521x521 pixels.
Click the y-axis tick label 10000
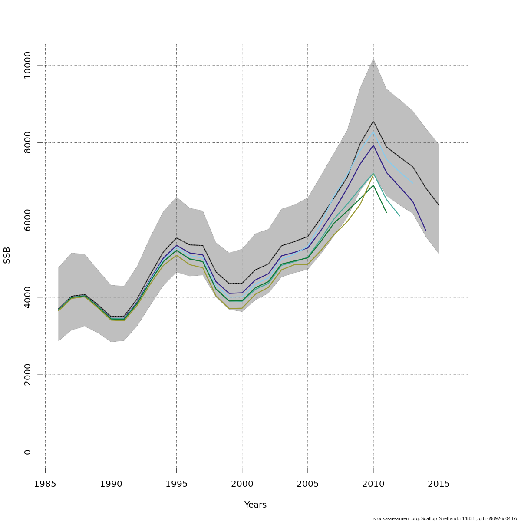(x=27, y=65)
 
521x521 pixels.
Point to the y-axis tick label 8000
(x=27, y=142)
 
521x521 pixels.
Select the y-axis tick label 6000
(x=27, y=220)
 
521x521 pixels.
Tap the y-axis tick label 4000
(x=27, y=297)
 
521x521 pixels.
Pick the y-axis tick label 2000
(x=27, y=375)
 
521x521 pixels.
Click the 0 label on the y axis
(x=27, y=452)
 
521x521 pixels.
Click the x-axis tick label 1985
(x=45, y=484)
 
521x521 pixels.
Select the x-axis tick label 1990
(x=111, y=484)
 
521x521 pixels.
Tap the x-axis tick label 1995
(x=176, y=484)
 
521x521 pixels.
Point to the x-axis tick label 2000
(x=242, y=484)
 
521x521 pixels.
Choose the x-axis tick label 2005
(x=308, y=484)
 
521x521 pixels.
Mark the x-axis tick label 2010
(x=373, y=484)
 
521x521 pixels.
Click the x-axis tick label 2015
(x=439, y=484)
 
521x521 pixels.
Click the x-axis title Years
(x=255, y=505)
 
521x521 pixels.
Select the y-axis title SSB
(x=7, y=255)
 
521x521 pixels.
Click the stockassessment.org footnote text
(x=445, y=518)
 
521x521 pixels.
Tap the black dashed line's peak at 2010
(x=373, y=121)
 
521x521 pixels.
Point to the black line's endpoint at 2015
(x=439, y=205)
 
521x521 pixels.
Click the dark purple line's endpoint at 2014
(x=426, y=231)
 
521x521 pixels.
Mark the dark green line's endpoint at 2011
(x=386, y=213)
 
